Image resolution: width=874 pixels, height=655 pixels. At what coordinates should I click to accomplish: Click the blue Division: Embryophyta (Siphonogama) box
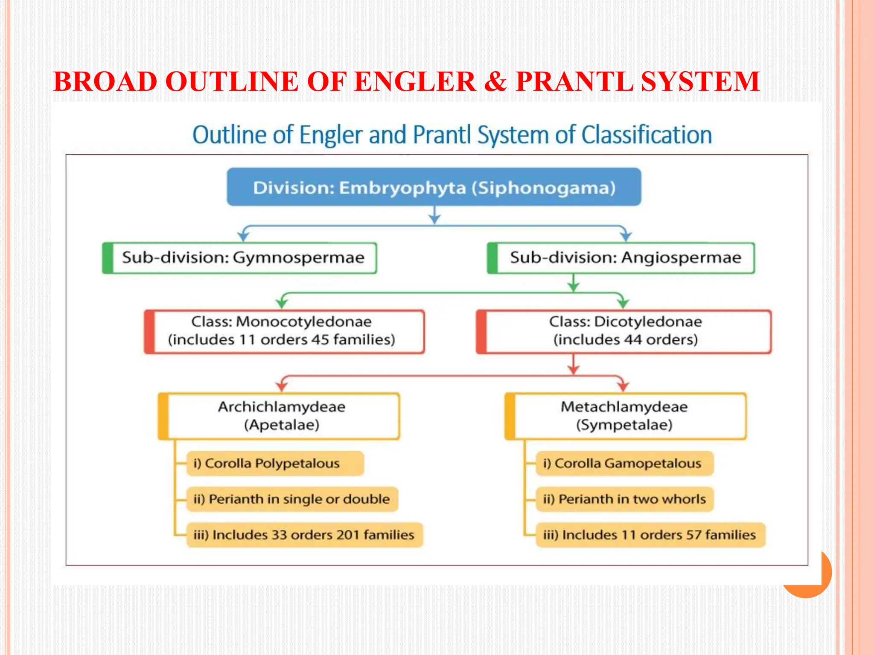(x=434, y=187)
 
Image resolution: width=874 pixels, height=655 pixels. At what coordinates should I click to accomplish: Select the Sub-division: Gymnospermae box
(x=239, y=258)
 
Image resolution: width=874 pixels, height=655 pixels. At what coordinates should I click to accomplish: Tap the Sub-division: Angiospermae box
(x=621, y=258)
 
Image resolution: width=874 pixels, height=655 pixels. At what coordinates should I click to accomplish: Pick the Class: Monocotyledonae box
(x=284, y=331)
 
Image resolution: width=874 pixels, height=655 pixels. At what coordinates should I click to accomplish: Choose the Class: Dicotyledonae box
(x=623, y=331)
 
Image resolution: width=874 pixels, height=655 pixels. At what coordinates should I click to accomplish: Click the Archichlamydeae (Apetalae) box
(x=279, y=416)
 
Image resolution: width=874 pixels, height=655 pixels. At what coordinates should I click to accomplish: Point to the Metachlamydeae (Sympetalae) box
(x=625, y=416)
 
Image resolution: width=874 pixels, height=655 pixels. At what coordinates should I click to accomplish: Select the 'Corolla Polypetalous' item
(x=275, y=464)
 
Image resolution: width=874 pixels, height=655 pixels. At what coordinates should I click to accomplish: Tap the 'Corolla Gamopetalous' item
(x=624, y=464)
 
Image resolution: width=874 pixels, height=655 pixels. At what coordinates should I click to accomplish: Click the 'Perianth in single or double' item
(x=292, y=499)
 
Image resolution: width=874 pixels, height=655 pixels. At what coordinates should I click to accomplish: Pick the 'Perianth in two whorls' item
(x=624, y=499)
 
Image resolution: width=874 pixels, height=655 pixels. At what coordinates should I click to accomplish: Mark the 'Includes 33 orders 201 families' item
(x=304, y=535)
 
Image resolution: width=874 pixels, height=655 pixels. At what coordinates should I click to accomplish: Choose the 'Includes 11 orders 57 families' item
(x=650, y=535)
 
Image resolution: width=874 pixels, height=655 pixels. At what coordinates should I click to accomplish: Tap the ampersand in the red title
(x=495, y=81)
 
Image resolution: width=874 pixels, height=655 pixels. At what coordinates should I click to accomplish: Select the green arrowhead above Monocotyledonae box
(x=282, y=303)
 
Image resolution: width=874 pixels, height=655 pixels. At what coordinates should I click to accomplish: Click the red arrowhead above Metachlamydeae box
(x=623, y=386)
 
